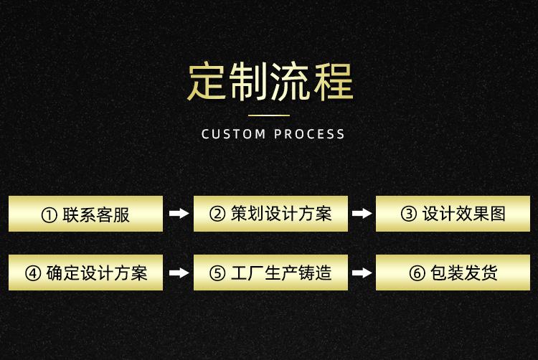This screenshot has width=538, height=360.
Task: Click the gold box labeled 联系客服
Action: point(85,214)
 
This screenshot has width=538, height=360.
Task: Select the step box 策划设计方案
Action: point(270,214)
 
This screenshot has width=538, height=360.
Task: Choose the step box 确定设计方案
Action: point(85,273)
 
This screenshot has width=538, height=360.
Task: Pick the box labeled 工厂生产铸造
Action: point(270,273)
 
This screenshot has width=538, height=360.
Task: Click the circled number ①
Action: point(49,214)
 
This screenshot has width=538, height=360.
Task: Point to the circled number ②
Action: point(217,214)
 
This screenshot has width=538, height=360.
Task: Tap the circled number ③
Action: point(408,214)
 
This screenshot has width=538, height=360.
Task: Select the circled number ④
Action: point(33,273)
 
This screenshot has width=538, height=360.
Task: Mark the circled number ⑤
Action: point(217,273)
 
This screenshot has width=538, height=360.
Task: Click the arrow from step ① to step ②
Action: point(178,214)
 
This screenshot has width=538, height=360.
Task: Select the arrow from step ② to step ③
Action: point(362,214)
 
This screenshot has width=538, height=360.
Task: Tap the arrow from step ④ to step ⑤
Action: point(178,273)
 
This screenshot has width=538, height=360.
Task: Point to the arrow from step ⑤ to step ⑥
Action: point(362,273)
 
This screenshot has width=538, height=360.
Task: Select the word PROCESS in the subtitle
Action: point(310,134)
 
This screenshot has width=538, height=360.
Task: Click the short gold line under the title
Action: point(270,115)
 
